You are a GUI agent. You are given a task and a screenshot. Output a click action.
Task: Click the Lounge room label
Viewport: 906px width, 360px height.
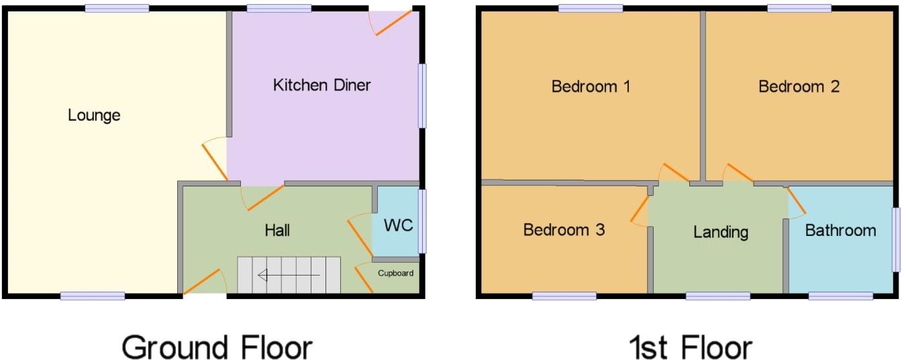[94, 115]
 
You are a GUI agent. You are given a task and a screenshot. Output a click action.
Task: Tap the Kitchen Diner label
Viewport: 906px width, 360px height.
[321, 85]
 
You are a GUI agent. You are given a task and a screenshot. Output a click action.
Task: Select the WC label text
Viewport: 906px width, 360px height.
[398, 225]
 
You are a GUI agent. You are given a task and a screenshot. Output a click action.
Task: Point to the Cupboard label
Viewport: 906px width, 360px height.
[395, 273]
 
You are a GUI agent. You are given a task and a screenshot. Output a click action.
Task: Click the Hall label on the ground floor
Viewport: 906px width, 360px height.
[277, 231]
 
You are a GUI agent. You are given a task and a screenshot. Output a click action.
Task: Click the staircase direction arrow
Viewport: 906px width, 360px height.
[289, 275]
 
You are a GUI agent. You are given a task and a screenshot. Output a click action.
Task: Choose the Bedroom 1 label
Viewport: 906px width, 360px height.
[591, 86]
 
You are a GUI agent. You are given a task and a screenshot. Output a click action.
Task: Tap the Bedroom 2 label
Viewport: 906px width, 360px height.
[799, 86]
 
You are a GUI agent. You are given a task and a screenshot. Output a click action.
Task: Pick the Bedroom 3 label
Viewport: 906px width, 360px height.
[564, 230]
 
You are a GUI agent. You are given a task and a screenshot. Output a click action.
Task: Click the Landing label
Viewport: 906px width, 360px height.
[721, 233]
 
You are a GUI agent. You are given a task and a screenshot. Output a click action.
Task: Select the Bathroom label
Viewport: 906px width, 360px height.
[840, 231]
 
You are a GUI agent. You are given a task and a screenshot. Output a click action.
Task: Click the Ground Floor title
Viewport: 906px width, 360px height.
[217, 347]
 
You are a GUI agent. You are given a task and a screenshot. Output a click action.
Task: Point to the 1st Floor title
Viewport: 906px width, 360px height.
[691, 347]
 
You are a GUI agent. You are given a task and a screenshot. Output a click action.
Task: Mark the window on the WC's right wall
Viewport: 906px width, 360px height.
[422, 221]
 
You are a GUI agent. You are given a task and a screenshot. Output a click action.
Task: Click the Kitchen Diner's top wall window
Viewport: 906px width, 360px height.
[279, 8]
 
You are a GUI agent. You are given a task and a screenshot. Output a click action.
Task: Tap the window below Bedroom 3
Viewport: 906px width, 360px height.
[564, 296]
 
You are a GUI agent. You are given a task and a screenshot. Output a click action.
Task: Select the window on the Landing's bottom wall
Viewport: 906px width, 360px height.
[718, 296]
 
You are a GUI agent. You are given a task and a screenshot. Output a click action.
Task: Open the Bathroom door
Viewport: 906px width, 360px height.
[797, 201]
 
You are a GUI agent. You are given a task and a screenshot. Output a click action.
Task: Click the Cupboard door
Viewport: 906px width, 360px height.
[364, 279]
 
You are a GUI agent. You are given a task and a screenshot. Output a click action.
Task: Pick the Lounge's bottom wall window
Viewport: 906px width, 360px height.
[93, 296]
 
